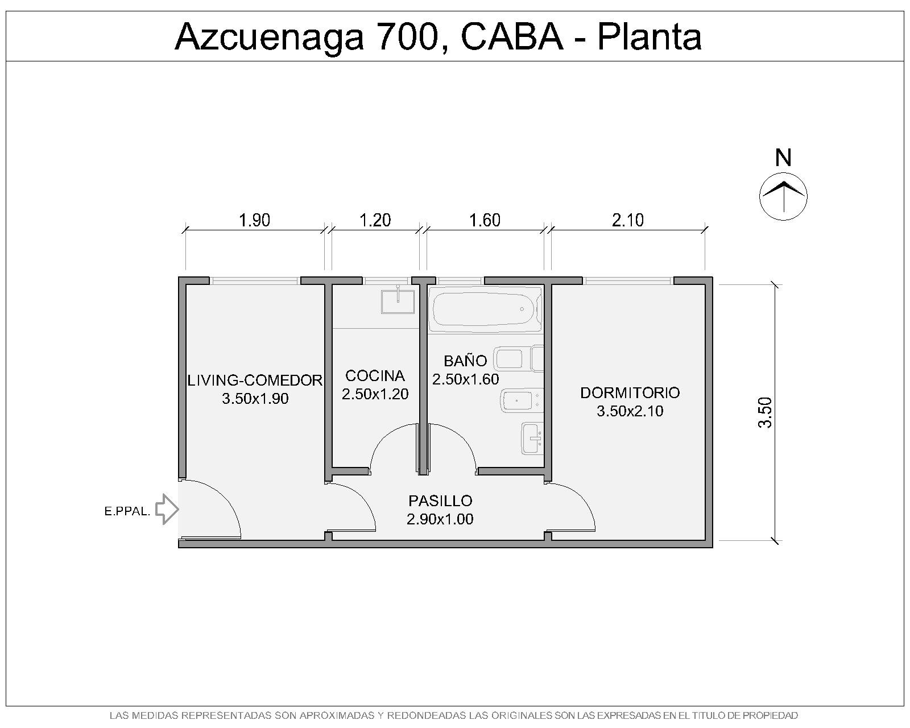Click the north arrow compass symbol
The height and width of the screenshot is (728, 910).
click(783, 196)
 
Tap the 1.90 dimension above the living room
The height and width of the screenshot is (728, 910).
click(255, 220)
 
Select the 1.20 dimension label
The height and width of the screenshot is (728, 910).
click(375, 220)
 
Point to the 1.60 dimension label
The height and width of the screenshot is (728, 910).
click(485, 220)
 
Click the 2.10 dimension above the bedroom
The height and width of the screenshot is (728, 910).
click(627, 220)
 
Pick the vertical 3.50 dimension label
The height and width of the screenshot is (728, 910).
click(765, 412)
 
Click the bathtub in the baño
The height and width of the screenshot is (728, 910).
click(485, 309)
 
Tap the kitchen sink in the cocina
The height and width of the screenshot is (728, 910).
click(398, 301)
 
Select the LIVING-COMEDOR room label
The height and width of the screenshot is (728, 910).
click(255, 380)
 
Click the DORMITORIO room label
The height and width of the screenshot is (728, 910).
click(630, 392)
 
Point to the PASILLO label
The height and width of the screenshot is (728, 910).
click(440, 501)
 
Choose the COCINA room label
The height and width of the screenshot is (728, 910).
click(375, 375)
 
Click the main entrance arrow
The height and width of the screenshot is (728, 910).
click(167, 509)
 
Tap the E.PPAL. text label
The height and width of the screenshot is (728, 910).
click(127, 512)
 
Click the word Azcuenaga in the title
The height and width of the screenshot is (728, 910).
click(270, 37)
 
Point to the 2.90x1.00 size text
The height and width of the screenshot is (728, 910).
click(440, 519)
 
